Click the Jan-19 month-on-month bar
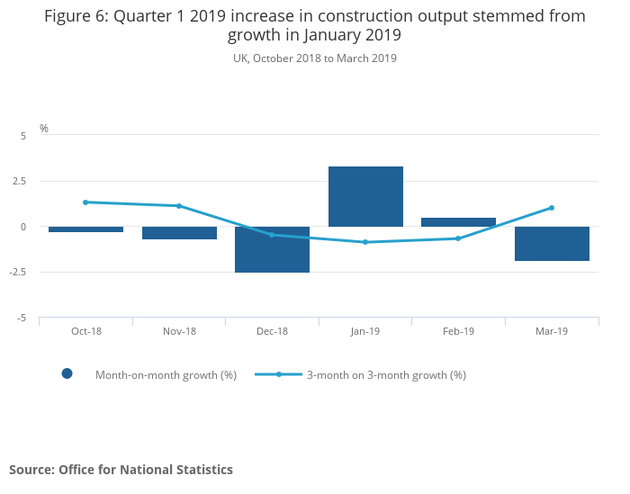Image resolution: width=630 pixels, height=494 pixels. pyautogui.click(x=365, y=196)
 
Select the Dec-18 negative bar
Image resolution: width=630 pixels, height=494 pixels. pyautogui.click(x=272, y=249)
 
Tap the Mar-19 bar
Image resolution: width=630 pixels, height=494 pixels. pyautogui.click(x=552, y=244)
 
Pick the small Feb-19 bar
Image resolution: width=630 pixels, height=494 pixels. pyautogui.click(x=458, y=222)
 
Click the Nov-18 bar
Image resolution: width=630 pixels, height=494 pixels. pyautogui.click(x=179, y=233)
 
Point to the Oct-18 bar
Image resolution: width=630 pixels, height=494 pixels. pyautogui.click(x=85, y=229)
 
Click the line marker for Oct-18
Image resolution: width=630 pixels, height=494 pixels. pyautogui.click(x=85, y=202)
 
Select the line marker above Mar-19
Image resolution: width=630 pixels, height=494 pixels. pyautogui.click(x=552, y=208)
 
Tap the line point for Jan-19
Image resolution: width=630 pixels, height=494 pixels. pyautogui.click(x=365, y=242)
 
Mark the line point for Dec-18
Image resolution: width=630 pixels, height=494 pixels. pyautogui.click(x=272, y=235)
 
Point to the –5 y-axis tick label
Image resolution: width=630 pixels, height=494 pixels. pyautogui.click(x=20, y=319)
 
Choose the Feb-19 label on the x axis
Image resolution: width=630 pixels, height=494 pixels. pyautogui.click(x=458, y=331)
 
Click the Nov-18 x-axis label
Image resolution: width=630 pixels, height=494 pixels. pyautogui.click(x=179, y=331)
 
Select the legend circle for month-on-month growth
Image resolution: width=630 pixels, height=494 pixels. pyautogui.click(x=67, y=374)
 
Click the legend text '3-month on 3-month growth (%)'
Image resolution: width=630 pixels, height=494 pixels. pyautogui.click(x=386, y=374)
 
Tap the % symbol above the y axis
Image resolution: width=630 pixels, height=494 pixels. pyautogui.click(x=44, y=129)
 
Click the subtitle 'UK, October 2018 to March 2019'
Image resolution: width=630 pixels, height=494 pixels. pyautogui.click(x=315, y=58)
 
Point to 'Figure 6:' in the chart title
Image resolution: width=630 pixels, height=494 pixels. pyautogui.click(x=76, y=16)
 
